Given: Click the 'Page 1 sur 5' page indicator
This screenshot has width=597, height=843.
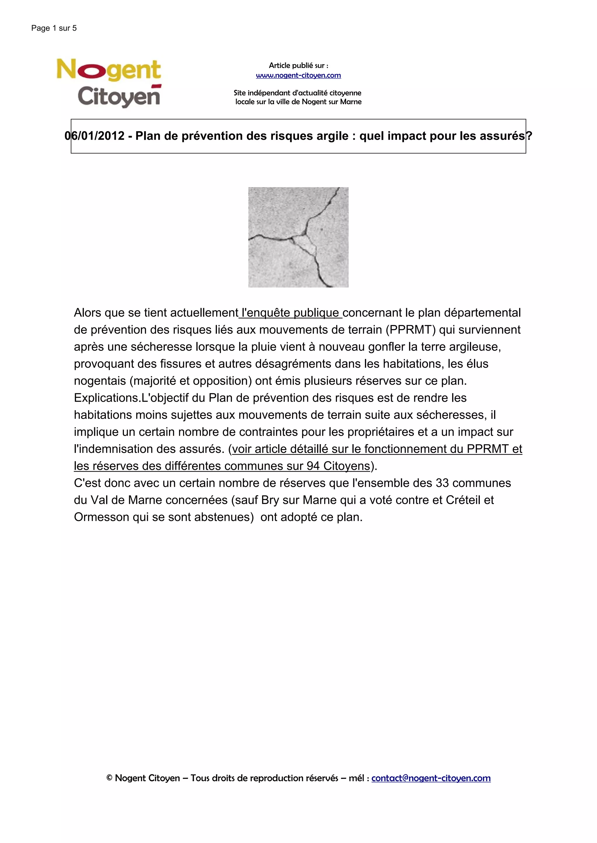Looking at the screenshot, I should point(54,28).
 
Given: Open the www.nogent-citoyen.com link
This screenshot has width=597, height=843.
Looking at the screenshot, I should point(298,76).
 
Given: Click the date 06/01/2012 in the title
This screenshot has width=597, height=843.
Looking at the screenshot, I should point(94,136).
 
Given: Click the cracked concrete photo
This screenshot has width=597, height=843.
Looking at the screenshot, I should point(298,237).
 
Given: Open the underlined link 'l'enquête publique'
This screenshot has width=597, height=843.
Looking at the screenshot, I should point(290,313).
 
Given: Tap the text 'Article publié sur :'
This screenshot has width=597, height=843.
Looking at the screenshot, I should point(298,66).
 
